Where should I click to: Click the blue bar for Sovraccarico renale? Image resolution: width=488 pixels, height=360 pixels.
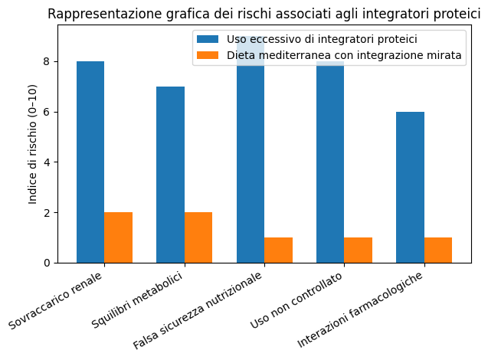tap(90, 162)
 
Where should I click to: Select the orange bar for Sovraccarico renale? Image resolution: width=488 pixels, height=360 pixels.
tap(119, 237)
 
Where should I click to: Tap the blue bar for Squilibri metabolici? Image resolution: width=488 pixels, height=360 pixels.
tap(170, 175)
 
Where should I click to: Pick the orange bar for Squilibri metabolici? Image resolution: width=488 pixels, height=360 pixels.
tap(198, 237)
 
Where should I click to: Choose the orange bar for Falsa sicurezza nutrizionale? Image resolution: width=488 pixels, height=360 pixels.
tap(278, 250)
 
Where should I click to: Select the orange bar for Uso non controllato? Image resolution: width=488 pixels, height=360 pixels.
tap(358, 250)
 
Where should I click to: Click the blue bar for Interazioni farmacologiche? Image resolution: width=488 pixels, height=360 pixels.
tap(410, 187)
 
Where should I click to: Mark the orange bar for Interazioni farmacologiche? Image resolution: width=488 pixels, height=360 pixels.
tap(438, 250)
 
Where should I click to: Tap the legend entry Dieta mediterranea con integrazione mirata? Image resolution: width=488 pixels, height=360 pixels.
tap(344, 55)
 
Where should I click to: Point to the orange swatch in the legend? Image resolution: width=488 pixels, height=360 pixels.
tap(207, 55)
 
